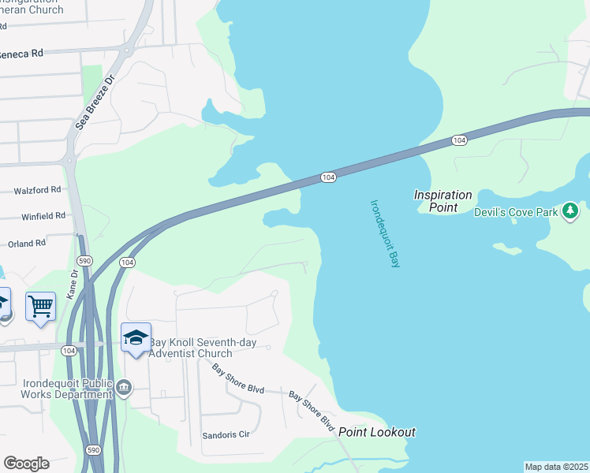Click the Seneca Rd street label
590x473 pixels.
[x=21, y=54]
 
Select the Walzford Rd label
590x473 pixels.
[x=37, y=190]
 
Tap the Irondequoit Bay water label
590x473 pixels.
[x=386, y=233]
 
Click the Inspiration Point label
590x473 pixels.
[x=443, y=201]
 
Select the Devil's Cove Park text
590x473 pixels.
[x=516, y=212]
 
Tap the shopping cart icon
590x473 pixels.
[x=40, y=304]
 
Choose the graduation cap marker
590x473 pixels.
[x=136, y=337]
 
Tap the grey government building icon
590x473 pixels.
[x=124, y=387]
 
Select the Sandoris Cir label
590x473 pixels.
[x=226, y=434]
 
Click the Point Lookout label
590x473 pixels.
[x=377, y=432]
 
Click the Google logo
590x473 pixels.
[x=26, y=463]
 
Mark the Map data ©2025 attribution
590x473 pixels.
[x=557, y=467]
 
